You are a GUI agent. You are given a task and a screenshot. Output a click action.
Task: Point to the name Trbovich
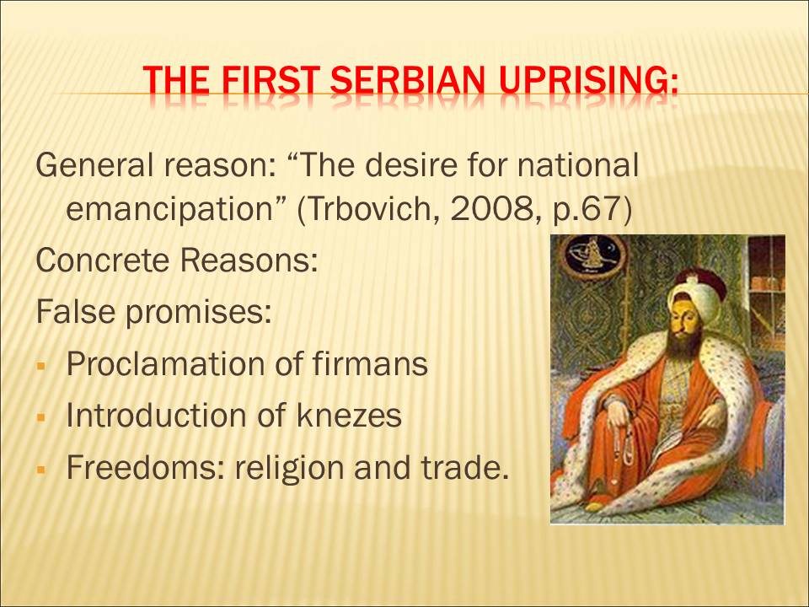pyautogui.click(x=370, y=208)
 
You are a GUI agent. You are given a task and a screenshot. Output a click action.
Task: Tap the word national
pyautogui.click(x=577, y=165)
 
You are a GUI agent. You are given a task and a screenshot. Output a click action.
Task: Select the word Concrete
pyautogui.click(x=103, y=261)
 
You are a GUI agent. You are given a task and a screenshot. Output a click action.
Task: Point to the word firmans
pyautogui.click(x=370, y=363)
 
